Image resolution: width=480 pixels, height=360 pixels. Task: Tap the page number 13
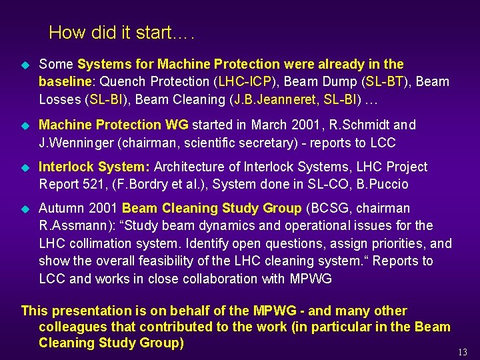463,351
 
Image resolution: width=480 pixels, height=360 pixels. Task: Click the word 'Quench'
125,82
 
